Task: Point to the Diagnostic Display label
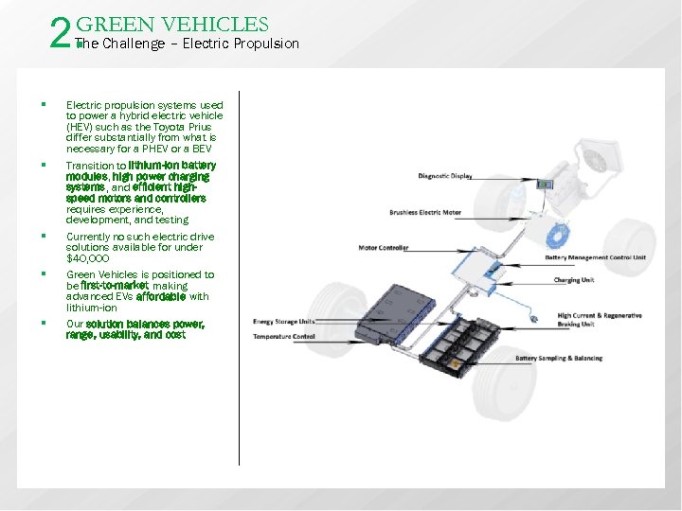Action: pos(444,175)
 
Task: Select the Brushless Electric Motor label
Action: pos(425,212)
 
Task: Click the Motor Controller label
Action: pos(384,248)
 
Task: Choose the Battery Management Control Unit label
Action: pos(595,257)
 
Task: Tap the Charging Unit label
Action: pos(574,280)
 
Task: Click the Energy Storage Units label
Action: pos(284,322)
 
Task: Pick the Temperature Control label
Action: pos(283,336)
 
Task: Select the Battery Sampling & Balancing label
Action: pos(559,359)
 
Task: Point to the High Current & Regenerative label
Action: pos(600,316)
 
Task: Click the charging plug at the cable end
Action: pos(536,321)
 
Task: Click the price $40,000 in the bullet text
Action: pos(88,258)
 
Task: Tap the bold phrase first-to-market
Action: pos(115,285)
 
